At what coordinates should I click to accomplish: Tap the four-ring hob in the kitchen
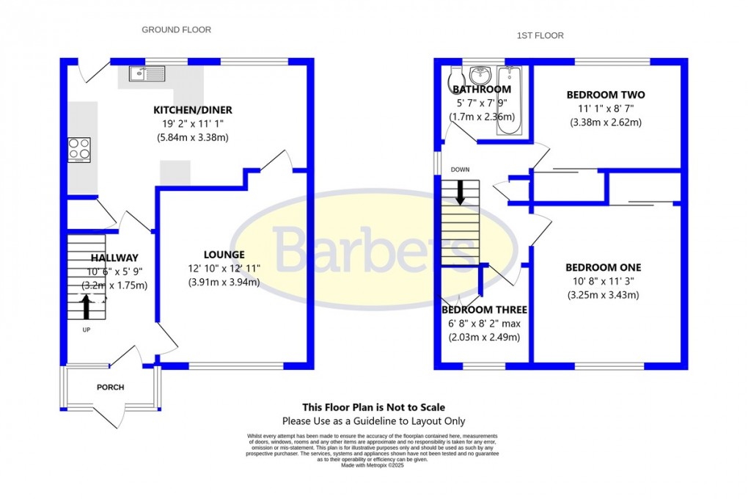(79, 150)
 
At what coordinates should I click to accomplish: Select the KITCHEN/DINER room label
(192, 110)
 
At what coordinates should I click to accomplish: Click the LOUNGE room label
(224, 254)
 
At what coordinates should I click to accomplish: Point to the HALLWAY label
(114, 258)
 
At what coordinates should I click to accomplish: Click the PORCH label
(111, 387)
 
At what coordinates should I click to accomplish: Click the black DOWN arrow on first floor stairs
(460, 192)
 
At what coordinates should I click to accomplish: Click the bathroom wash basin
(481, 74)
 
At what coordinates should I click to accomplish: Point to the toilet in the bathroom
(453, 78)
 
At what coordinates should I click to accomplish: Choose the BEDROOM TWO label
(606, 95)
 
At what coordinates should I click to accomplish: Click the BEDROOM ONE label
(604, 267)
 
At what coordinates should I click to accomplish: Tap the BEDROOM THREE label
(484, 310)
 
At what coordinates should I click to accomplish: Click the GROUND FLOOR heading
(176, 30)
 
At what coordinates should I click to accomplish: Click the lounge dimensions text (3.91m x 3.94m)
(224, 282)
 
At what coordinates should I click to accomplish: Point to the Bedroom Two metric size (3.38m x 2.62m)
(606, 123)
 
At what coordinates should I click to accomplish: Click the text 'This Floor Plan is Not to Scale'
(374, 407)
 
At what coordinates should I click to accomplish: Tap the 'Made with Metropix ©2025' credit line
(373, 465)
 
